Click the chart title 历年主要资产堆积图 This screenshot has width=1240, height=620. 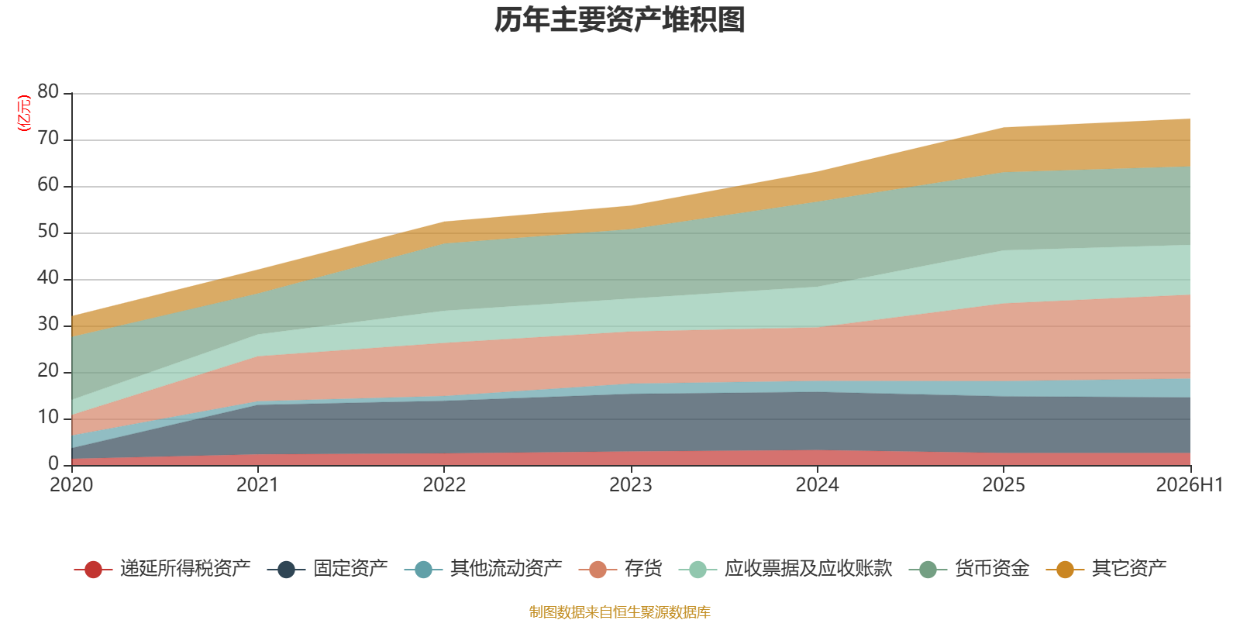[x=619, y=20]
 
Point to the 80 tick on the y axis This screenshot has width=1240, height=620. [x=48, y=91]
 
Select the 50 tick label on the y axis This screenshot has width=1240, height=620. [x=48, y=231]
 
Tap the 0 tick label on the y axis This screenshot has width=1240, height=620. [x=53, y=463]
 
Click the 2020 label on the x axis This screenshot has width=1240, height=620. [x=71, y=485]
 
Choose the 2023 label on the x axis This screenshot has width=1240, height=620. [x=631, y=485]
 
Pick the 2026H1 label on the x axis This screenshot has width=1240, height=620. [x=1190, y=485]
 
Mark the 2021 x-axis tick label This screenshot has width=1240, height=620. [x=257, y=485]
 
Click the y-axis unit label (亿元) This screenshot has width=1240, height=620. [x=24, y=113]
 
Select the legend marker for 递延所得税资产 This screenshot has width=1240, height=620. [x=93, y=569]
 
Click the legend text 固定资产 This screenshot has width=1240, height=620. [x=350, y=569]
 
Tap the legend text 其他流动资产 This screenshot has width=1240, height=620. [x=506, y=569]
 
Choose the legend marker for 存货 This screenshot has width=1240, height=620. [x=598, y=569]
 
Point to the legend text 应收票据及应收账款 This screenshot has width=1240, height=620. [x=808, y=569]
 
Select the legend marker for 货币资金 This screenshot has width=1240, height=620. [x=928, y=569]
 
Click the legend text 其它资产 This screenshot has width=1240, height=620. [x=1129, y=569]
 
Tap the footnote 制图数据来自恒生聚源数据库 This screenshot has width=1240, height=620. [x=619, y=611]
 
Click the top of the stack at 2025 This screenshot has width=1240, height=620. [x=1004, y=128]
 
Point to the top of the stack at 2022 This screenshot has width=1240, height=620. [x=444, y=222]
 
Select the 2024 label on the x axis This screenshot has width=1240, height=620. [x=817, y=485]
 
